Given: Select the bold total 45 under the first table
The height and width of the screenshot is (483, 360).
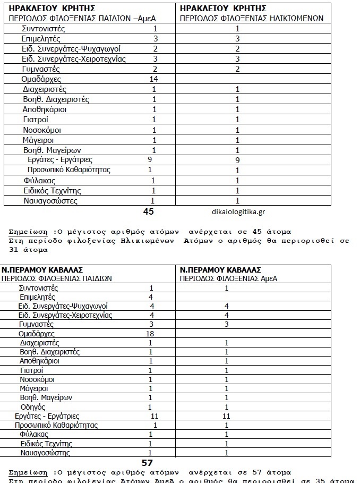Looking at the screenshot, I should point(149,211).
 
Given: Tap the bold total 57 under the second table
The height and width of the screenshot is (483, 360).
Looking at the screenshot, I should point(147,463).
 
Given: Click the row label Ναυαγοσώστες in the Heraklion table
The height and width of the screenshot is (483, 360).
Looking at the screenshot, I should point(50,201).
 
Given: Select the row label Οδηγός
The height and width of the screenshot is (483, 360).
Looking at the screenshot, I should point(32,407).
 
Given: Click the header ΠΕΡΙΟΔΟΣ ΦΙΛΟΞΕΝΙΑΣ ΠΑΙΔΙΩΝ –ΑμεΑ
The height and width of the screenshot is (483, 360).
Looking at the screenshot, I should point(78,18).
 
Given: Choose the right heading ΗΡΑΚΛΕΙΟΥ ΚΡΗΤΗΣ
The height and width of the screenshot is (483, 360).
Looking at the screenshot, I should point(223,9).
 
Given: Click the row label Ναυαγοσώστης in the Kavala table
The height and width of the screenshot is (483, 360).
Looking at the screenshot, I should point(45,453).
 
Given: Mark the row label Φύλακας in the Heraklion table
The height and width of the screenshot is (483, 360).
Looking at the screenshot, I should point(40,181).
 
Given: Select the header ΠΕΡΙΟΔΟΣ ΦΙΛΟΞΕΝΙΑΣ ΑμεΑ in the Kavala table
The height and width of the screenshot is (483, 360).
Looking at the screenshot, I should point(229,278).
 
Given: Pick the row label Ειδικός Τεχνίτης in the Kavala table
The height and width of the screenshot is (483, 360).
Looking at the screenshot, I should point(46,444).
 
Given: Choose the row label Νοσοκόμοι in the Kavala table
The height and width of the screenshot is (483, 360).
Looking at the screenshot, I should point(38,379).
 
